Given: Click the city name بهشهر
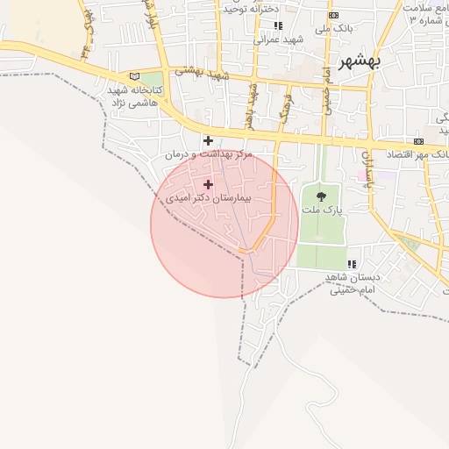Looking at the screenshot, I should pyautogui.click(x=359, y=63).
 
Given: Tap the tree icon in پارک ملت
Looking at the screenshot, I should pyautogui.click(x=321, y=196).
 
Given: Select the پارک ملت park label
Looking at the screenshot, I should pyautogui.click(x=321, y=210).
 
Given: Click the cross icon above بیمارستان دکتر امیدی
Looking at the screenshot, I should pyautogui.click(x=208, y=184).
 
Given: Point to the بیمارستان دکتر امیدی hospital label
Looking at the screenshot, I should pyautogui.click(x=209, y=198).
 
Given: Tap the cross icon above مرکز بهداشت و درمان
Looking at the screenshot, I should pyautogui.click(x=208, y=140).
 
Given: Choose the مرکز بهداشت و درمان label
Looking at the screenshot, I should pyautogui.click(x=209, y=153).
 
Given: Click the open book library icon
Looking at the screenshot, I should pyautogui.click(x=134, y=77).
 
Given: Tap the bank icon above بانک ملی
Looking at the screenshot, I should pyautogui.click(x=333, y=16).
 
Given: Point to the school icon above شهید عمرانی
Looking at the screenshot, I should pyautogui.click(x=278, y=25).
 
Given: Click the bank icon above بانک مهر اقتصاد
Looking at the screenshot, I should pyautogui.click(x=418, y=141).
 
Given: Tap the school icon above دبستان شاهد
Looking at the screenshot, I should pyautogui.click(x=352, y=264).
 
